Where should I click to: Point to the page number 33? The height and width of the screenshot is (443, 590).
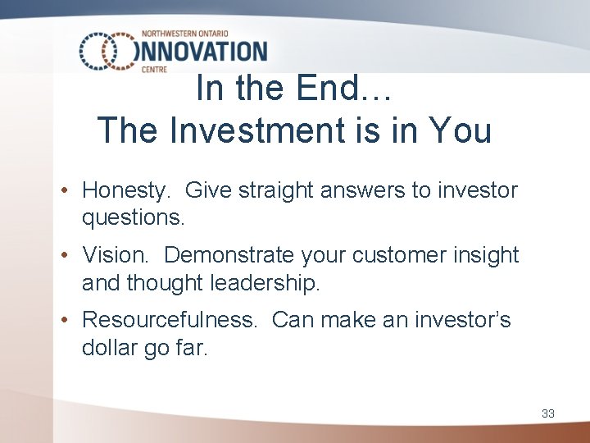[547, 413]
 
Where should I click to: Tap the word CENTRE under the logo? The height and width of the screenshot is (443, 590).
[153, 70]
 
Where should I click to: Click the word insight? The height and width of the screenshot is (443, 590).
[488, 255]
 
